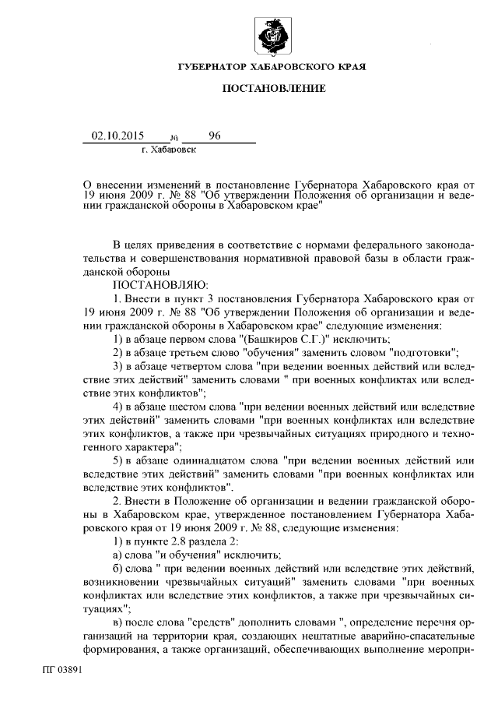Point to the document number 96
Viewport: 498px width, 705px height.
pyautogui.click(x=215, y=136)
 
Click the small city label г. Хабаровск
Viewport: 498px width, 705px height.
pyautogui.click(x=170, y=148)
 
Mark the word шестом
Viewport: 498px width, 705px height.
pyautogui.click(x=184, y=406)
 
